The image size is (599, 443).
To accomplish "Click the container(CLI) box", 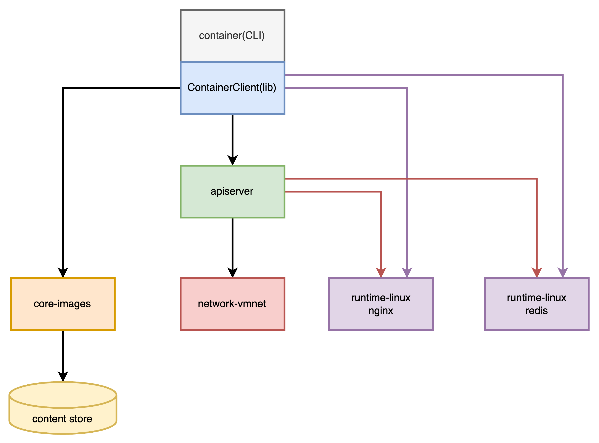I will click(x=232, y=36).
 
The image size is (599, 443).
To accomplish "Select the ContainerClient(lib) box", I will click(x=232, y=88).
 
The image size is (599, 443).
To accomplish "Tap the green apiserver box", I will click(x=232, y=191).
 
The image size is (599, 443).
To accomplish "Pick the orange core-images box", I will click(x=63, y=304).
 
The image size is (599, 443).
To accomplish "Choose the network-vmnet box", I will click(x=232, y=304).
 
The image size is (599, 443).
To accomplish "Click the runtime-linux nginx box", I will click(x=381, y=304).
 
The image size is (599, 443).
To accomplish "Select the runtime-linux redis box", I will click(x=536, y=304).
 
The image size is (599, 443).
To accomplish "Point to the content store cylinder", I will click(x=63, y=408).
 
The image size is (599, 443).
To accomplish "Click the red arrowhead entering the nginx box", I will click(x=381, y=273).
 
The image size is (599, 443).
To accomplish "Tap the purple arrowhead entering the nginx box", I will click(x=407, y=273).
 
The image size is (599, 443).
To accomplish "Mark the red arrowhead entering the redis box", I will click(x=536, y=273).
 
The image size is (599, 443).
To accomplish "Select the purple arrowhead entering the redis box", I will click(x=562, y=273).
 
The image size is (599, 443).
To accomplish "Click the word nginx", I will click(x=381, y=311).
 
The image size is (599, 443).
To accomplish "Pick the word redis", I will click(x=536, y=311).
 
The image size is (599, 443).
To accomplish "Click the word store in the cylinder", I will click(x=81, y=419).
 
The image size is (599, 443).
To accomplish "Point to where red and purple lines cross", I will click(x=407, y=179).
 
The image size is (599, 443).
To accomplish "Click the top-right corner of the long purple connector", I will click(x=562, y=75).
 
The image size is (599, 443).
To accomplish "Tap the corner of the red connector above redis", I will click(x=536, y=179).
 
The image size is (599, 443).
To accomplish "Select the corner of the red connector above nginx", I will click(x=381, y=191).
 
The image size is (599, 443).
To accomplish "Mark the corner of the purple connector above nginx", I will click(x=407, y=88).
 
